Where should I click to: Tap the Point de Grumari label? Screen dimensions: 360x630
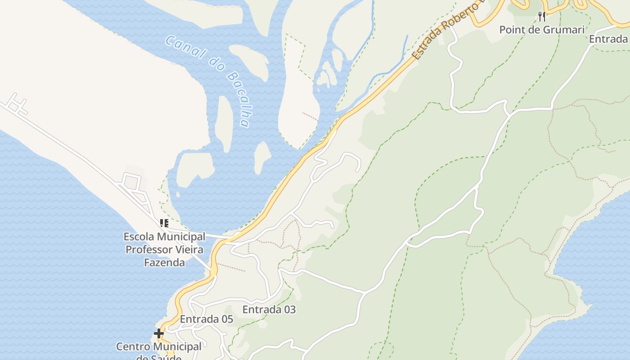click(542, 30)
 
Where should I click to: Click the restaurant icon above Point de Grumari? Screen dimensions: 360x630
click(542, 17)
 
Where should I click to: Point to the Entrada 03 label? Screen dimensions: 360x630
click(269, 310)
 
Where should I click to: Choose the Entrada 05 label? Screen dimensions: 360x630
click(207, 319)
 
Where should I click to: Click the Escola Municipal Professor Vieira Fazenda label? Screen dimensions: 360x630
click(164, 249)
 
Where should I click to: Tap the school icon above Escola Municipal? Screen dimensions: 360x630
click(164, 223)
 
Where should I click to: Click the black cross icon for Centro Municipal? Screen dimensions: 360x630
click(159, 333)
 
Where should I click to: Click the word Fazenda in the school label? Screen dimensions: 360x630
click(164, 262)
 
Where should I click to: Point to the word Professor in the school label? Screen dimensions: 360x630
click(164, 249)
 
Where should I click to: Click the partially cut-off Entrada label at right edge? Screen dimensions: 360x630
click(609, 39)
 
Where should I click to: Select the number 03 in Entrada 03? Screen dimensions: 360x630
click(289, 310)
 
